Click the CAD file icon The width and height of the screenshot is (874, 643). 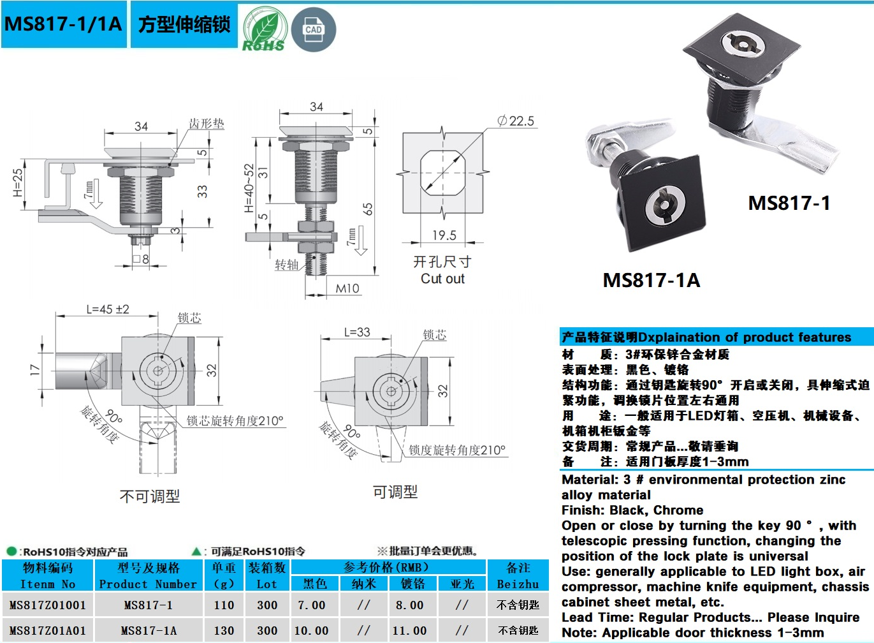pyautogui.click(x=313, y=30)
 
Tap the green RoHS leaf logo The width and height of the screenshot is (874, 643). pyautogui.click(x=265, y=29)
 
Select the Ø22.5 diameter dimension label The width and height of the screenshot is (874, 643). pyautogui.click(x=516, y=121)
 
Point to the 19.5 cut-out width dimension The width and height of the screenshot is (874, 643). pyautogui.click(x=444, y=235)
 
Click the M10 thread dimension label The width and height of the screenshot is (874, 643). pyautogui.click(x=347, y=288)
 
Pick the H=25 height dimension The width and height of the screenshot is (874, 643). pyautogui.click(x=18, y=182)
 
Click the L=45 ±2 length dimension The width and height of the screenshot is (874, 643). pyautogui.click(x=108, y=309)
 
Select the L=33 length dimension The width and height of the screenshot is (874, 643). pyautogui.click(x=357, y=332)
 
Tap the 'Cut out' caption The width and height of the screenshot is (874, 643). pyautogui.click(x=442, y=279)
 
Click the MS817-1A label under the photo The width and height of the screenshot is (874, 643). pyautogui.click(x=652, y=280)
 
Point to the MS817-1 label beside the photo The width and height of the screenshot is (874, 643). pyautogui.click(x=789, y=203)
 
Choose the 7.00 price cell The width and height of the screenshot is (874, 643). pyautogui.click(x=311, y=605)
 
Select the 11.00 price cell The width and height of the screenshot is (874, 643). pyautogui.click(x=409, y=630)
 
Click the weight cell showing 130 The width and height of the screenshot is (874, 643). pyautogui.click(x=224, y=630)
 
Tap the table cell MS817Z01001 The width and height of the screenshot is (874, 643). pyautogui.click(x=48, y=605)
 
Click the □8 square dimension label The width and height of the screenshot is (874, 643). pyautogui.click(x=141, y=259)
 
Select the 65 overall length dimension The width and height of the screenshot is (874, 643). pyautogui.click(x=368, y=209)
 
